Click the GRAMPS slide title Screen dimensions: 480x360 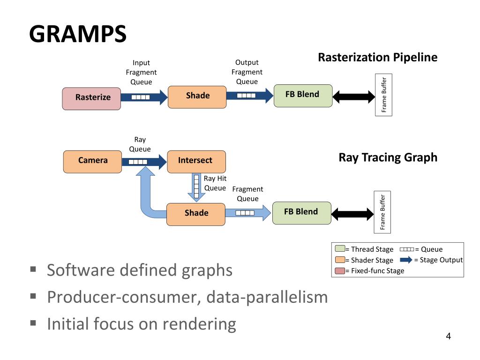78,34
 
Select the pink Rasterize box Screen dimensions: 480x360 91,98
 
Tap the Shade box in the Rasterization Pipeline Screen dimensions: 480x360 197,97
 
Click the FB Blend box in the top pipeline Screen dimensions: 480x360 303,96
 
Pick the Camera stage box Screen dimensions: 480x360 92,162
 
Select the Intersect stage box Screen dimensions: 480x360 196,162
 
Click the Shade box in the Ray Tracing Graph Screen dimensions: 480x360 196,214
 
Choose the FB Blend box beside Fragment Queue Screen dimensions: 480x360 301,213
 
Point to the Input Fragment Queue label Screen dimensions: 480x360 141,72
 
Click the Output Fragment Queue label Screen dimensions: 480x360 247,72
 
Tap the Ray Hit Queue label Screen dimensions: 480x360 215,183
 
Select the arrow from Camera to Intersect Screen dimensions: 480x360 144,162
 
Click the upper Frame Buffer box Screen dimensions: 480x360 383,95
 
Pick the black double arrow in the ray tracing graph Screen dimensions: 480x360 352,214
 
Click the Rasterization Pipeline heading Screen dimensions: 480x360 378,57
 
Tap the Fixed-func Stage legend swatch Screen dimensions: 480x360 340,271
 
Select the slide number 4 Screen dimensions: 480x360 448,336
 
